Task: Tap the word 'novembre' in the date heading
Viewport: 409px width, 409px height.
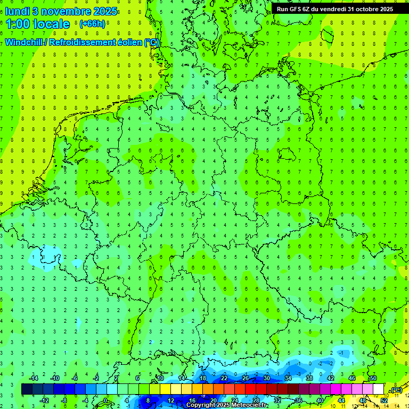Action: [63, 11]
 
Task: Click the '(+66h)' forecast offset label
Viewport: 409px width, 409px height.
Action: [92, 24]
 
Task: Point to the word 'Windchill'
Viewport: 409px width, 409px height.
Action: [24, 42]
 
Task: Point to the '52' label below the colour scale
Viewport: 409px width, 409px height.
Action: [384, 400]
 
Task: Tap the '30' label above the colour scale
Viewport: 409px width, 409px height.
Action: [267, 378]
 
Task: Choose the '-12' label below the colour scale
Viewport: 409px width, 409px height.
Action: [45, 400]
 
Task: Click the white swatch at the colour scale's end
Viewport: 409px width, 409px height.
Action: [378, 389]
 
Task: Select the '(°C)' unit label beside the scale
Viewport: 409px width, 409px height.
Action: [396, 390]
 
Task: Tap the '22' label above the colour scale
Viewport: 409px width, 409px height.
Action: [224, 378]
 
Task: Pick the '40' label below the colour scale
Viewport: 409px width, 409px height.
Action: [320, 400]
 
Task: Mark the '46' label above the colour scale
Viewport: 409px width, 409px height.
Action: [352, 378]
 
